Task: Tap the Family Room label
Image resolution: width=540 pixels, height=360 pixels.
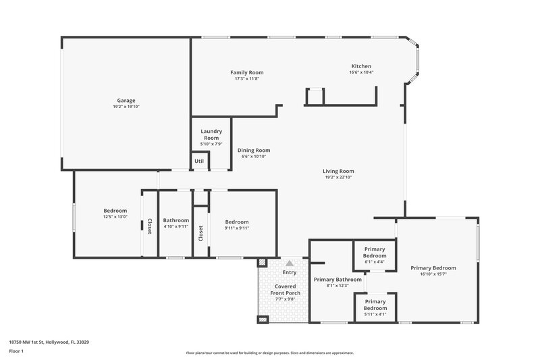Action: [x=246, y=72]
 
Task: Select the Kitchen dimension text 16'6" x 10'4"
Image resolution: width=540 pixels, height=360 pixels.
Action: [x=361, y=72]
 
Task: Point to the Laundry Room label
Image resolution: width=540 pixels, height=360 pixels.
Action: [x=211, y=134]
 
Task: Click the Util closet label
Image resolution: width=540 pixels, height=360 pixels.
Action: [x=199, y=161]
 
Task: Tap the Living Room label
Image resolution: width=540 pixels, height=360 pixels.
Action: [x=338, y=171]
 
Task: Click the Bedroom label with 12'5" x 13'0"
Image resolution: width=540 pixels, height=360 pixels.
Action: [x=115, y=209]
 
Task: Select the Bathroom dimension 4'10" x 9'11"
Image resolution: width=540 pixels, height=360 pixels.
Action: [x=176, y=226]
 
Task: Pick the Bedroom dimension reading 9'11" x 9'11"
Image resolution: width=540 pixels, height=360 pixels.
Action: [x=237, y=228]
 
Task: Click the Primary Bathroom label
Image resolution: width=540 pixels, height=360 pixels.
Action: [x=337, y=279]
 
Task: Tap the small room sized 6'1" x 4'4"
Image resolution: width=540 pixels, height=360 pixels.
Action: [x=375, y=253]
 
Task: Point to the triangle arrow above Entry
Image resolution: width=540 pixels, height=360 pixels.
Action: [x=290, y=263]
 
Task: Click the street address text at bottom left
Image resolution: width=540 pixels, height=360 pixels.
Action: [x=49, y=342]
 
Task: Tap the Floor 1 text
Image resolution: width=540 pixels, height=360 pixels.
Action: [x=16, y=351]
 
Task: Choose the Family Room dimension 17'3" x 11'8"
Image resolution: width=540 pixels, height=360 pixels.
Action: [x=246, y=78]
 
